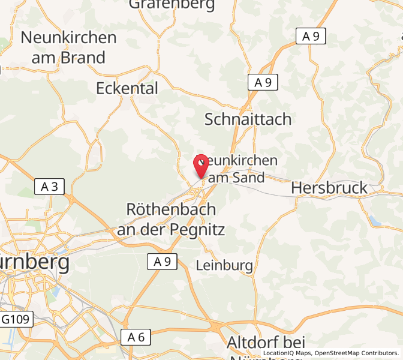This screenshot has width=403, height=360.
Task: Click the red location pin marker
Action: click(x=201, y=164)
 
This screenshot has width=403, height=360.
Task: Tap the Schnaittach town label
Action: click(x=248, y=119)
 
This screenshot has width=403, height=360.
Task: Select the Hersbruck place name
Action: click(x=329, y=188)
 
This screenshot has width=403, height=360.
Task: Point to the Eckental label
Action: click(x=127, y=88)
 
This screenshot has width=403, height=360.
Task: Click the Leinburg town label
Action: click(x=225, y=265)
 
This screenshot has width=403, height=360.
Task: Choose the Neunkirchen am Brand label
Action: click(x=68, y=47)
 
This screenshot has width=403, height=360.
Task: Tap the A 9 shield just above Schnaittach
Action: click(x=263, y=83)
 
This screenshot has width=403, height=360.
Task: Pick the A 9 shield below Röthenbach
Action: click(x=162, y=261)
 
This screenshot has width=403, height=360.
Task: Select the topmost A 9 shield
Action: click(x=311, y=36)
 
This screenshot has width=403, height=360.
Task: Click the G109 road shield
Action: click(x=16, y=319)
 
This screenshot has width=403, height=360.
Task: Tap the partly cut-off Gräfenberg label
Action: click(x=172, y=5)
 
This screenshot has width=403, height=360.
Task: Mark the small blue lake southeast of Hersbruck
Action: click(x=375, y=221)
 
